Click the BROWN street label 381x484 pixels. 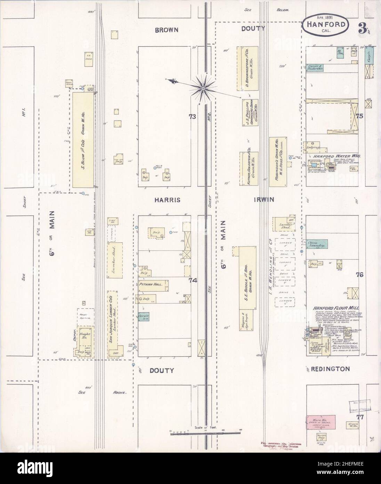(x=167, y=30)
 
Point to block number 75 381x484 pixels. (x=359, y=116)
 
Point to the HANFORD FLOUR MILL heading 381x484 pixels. (x=332, y=308)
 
